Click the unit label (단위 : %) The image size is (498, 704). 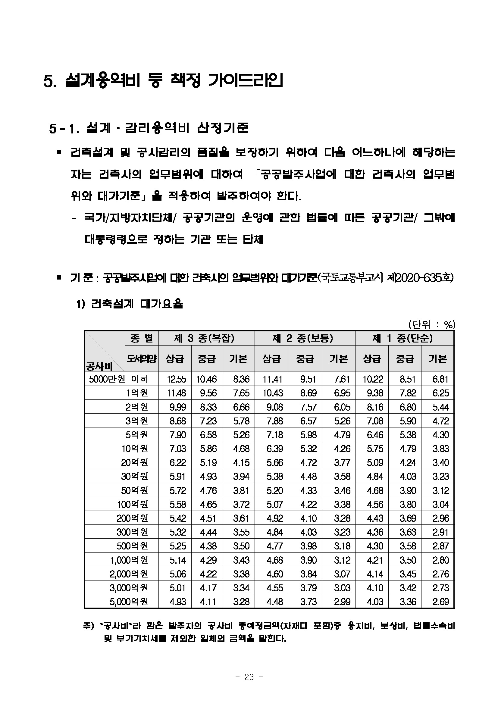point(431,324)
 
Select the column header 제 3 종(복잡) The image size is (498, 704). point(204,338)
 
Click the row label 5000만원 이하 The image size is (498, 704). point(119,379)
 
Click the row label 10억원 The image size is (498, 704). point(135,449)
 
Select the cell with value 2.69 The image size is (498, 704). point(441,602)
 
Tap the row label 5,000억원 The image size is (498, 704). point(129,602)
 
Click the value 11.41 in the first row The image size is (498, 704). point(272,379)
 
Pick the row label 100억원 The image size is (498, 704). point(133,504)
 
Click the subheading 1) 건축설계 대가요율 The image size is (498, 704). point(130,304)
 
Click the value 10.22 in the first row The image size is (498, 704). point(373,379)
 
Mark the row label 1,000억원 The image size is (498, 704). point(129,560)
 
